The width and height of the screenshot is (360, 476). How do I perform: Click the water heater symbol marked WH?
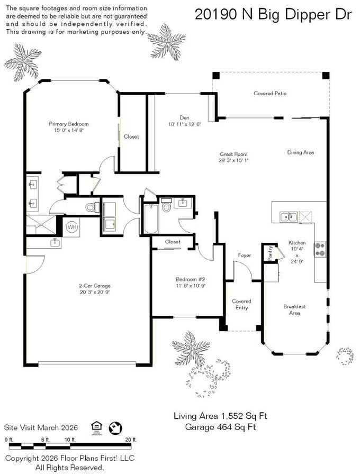[72, 227]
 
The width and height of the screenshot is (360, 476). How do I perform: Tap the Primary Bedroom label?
[69, 124]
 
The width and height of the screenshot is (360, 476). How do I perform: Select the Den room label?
[184, 118]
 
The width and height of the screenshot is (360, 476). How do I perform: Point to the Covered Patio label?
[270, 94]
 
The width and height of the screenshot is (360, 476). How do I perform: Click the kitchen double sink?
[289, 217]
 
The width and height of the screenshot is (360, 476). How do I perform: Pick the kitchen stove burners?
[320, 249]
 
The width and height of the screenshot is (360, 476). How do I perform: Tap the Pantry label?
[270, 253]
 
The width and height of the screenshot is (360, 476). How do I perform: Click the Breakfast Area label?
[294, 309]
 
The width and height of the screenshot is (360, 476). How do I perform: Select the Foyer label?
[244, 255]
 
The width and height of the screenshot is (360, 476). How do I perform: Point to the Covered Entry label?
[241, 304]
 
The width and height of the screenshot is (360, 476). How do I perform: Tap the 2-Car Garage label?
[95, 286]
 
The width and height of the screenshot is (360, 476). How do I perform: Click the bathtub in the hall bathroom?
[151, 218]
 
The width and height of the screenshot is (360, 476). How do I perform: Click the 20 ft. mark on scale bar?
[131, 440]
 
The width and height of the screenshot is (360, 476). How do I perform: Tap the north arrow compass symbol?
[115, 428]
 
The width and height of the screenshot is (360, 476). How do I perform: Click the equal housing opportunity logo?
[96, 428]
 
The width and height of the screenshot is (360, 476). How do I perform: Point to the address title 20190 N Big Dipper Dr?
[273, 15]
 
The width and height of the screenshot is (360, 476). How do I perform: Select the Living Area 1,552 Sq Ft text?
[220, 416]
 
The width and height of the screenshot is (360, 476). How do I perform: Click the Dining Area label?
[301, 152]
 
